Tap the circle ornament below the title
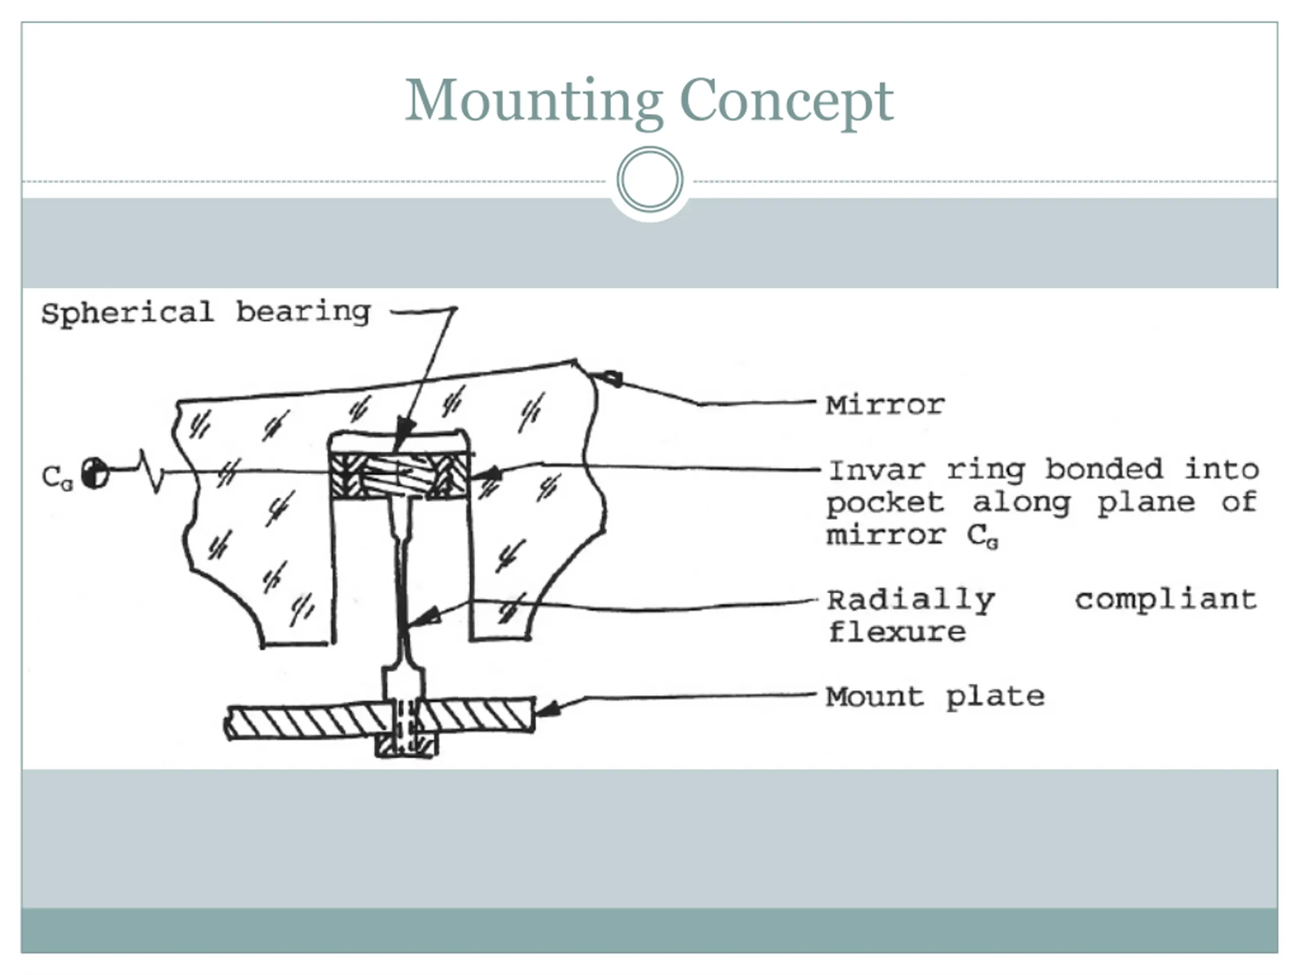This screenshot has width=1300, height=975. tap(649, 179)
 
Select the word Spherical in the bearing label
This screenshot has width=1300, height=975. tap(127, 313)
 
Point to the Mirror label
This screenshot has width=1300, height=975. tap(885, 405)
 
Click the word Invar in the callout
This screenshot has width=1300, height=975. tap(877, 470)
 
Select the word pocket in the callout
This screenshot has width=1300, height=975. tap(885, 503)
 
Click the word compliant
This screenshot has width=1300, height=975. tap(1166, 599)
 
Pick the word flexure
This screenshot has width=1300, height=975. tap(897, 632)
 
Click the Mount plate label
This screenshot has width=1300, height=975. tap(935, 697)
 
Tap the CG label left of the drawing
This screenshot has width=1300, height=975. tap(57, 477)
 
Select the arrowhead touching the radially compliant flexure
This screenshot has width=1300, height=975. tap(425, 617)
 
